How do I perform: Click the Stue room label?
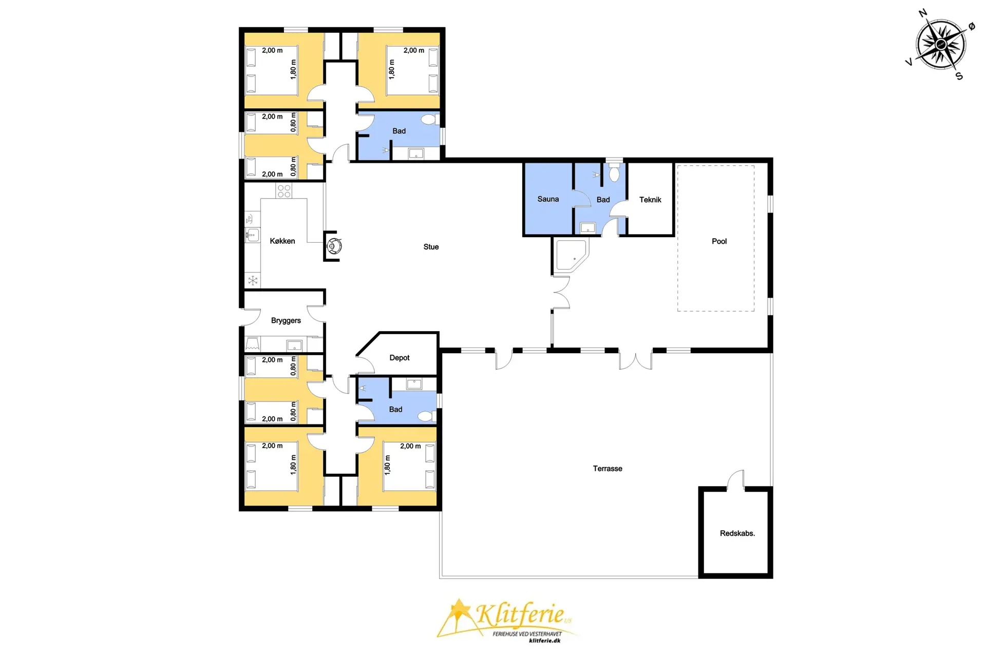[431, 247]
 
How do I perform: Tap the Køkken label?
[282, 241]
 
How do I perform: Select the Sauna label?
[548, 199]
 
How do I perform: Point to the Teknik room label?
[650, 200]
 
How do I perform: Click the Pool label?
[719, 241]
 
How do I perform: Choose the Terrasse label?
[608, 469]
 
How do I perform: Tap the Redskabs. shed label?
[737, 533]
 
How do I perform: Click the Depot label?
[400, 358]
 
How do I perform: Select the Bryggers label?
[286, 321]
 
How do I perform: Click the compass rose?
[941, 45]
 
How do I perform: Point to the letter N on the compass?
[923, 13]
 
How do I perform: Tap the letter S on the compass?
[959, 76]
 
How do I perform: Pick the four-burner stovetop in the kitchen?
[284, 191]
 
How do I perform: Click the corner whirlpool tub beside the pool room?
[571, 255]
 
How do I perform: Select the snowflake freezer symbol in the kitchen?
[253, 280]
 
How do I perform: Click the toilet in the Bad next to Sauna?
[614, 173]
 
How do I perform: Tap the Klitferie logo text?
[520, 614]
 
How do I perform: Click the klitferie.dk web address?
[544, 641]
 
